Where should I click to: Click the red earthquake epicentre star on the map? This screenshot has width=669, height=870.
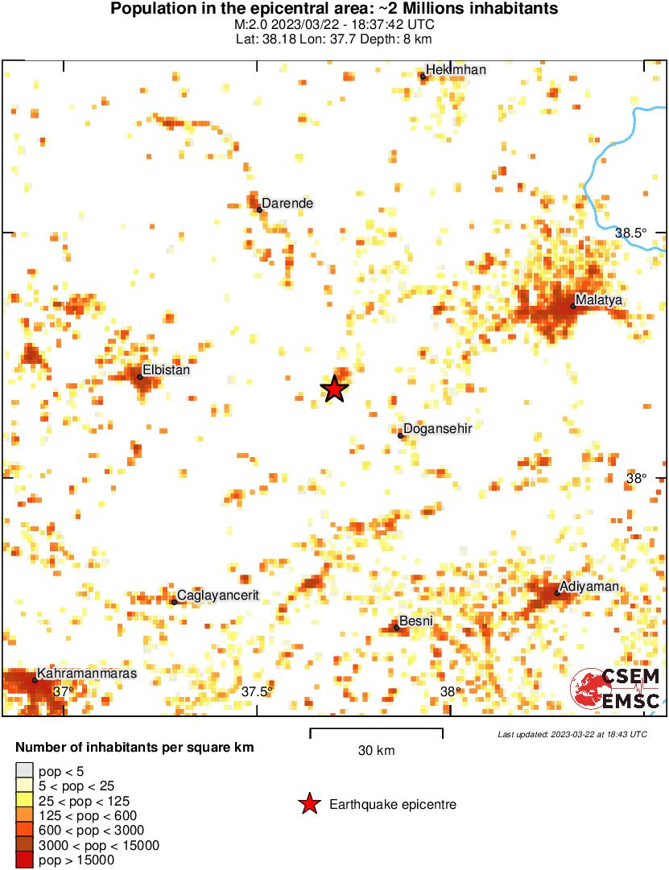point(334,389)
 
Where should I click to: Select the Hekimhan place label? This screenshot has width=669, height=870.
point(456,70)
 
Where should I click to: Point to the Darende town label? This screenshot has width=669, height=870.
point(288,204)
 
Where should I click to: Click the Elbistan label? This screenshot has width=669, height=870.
point(167,370)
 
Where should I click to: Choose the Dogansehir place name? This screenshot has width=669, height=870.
point(437,428)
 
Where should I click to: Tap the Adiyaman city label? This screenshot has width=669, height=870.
point(589,586)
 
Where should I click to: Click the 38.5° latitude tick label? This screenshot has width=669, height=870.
point(631,233)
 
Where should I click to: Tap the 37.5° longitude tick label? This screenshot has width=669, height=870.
point(258,691)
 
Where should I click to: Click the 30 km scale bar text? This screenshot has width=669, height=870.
point(376,751)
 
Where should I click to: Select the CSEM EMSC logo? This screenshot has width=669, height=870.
point(616,688)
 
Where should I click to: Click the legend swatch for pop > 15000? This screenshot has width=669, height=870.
point(25,860)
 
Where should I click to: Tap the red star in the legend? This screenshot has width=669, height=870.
point(308,803)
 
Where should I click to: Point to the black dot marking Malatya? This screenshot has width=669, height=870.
point(573,306)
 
